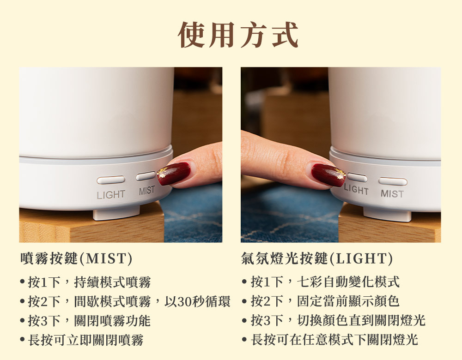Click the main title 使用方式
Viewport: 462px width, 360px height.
point(238,35)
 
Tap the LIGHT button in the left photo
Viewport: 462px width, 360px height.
point(111,180)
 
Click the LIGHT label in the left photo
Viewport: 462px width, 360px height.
point(111,194)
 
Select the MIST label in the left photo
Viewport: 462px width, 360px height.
point(147,191)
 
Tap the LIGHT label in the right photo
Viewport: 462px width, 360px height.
point(356,189)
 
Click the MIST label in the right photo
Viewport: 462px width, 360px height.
point(392,194)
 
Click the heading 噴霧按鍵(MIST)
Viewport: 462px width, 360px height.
point(76,258)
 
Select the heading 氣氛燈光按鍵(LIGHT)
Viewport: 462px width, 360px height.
point(317,258)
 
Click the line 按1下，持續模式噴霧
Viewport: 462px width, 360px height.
point(89,282)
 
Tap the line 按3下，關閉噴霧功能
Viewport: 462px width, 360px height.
point(89,321)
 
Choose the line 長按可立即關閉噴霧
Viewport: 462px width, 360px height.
point(86,340)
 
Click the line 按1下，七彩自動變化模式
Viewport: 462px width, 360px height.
point(325,282)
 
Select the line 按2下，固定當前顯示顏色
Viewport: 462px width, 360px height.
point(325,301)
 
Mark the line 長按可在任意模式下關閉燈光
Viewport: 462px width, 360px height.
point(334,339)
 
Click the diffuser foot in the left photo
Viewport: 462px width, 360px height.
point(116,213)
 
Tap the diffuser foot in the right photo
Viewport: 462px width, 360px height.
point(387,214)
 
